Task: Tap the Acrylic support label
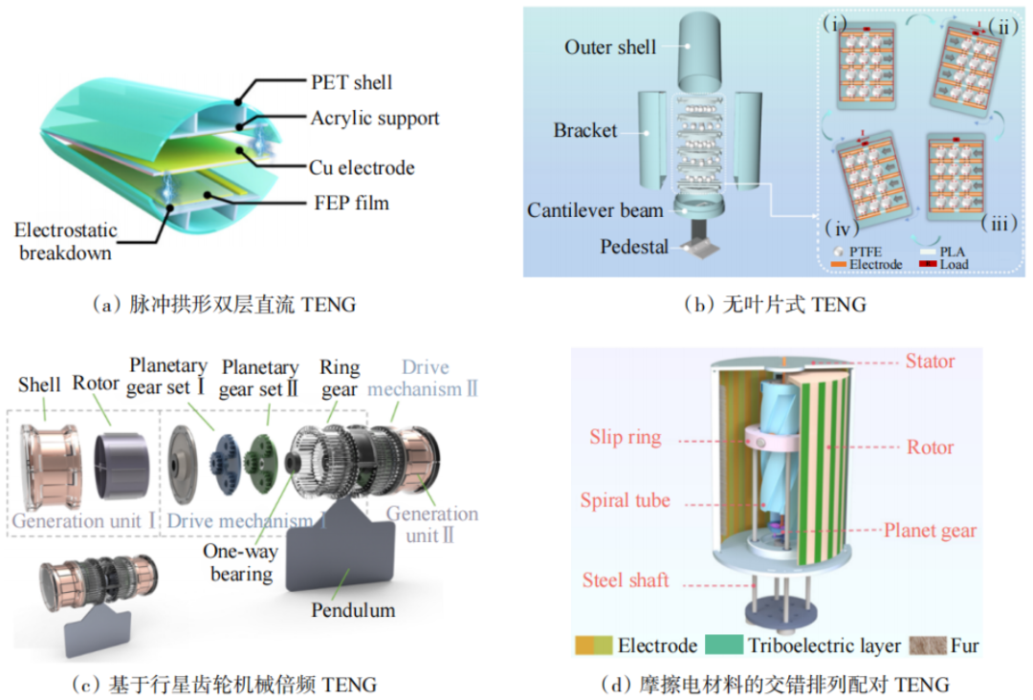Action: (374, 119)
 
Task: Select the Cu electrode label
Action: (363, 167)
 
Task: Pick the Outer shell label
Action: (609, 47)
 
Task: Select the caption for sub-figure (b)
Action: (775, 305)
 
